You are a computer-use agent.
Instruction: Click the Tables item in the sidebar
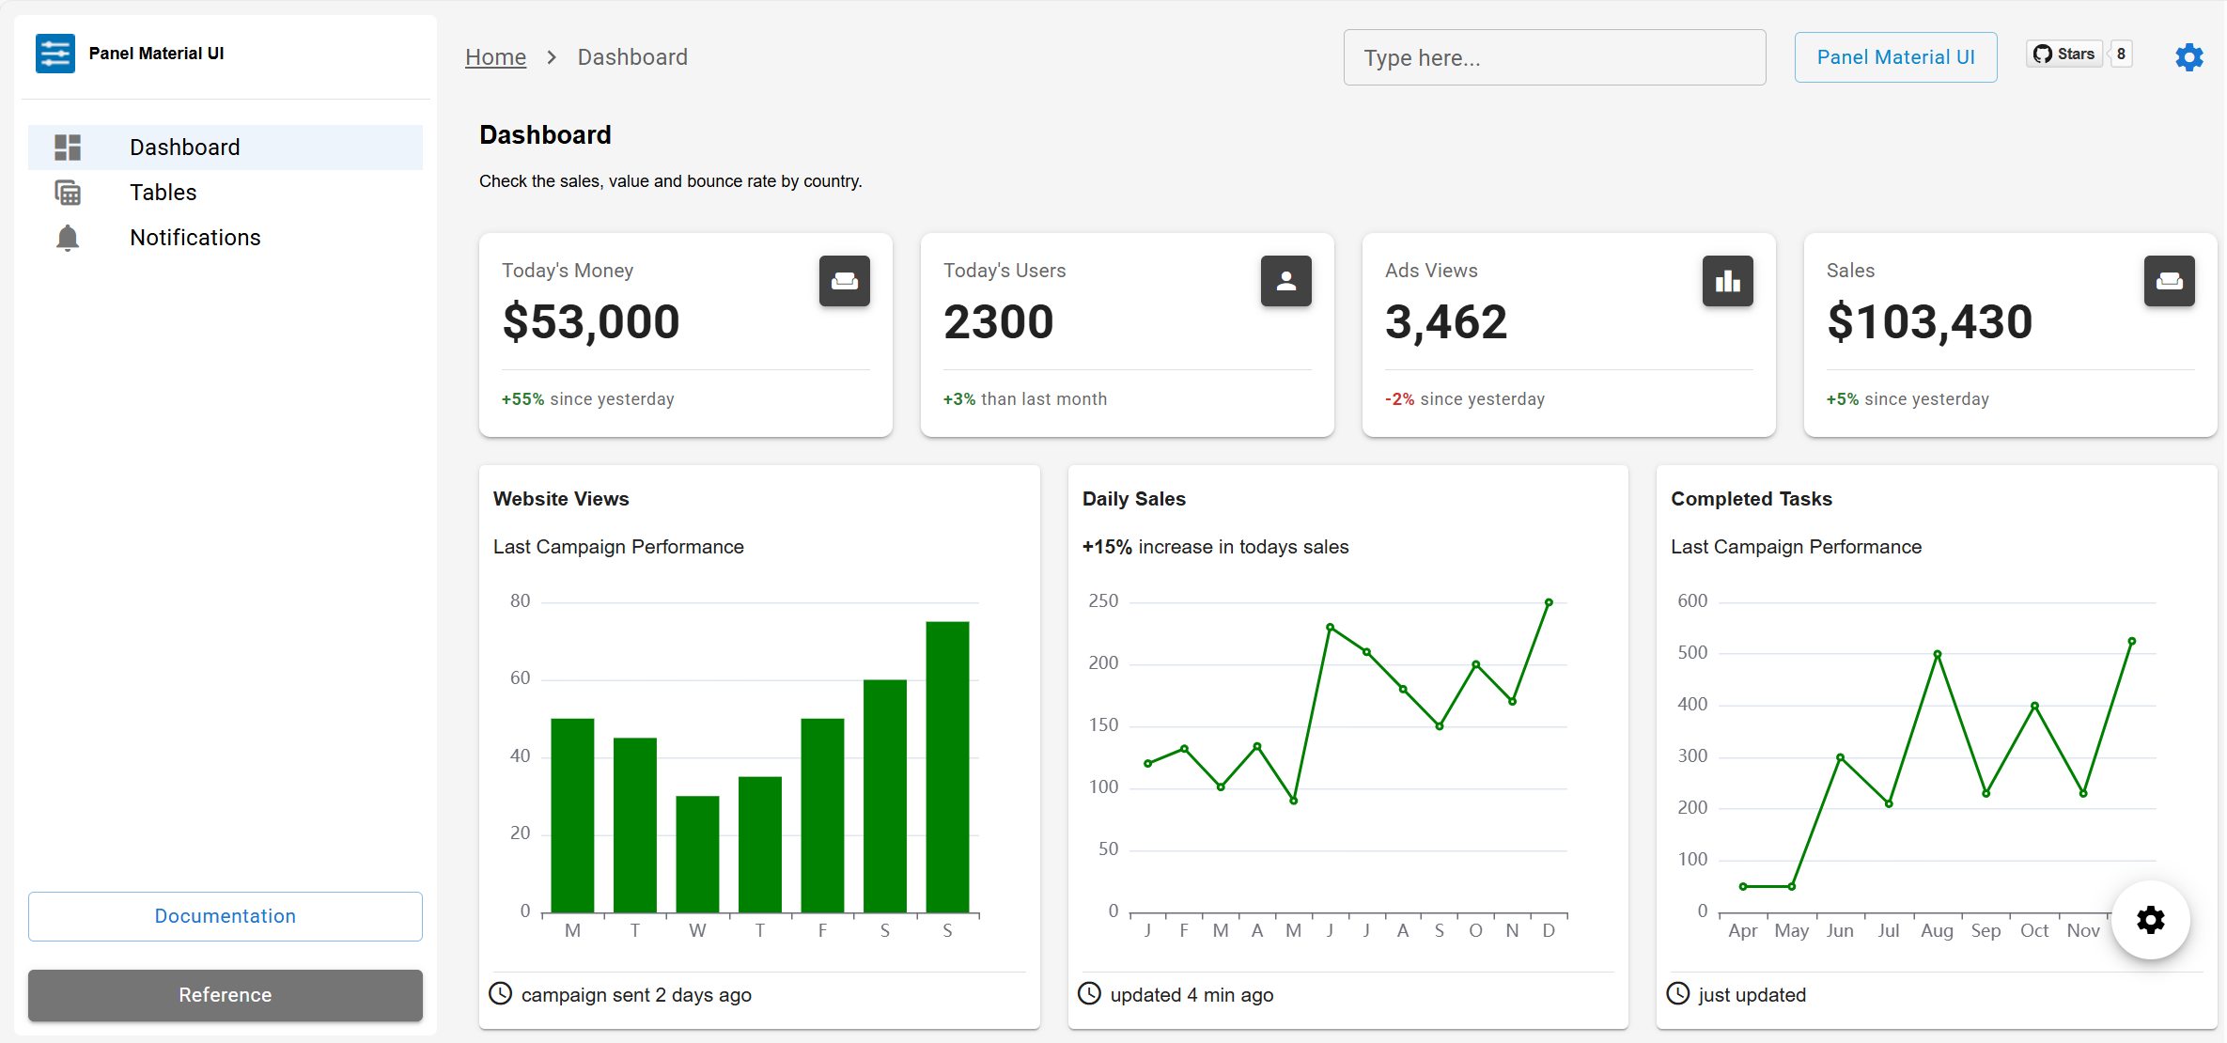coord(163,193)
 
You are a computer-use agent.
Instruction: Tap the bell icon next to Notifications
coord(68,238)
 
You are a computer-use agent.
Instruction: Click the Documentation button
coord(226,916)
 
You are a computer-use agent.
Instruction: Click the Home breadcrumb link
coord(495,57)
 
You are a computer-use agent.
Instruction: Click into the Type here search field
coord(1554,57)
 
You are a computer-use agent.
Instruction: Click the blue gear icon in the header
coord(2189,57)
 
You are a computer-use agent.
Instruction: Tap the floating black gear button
coord(2150,920)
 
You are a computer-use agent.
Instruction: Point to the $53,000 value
coord(591,322)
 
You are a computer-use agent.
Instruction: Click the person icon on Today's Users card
coord(1285,281)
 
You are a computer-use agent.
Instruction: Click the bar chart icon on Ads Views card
coord(1727,281)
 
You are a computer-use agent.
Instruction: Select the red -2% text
coord(1399,399)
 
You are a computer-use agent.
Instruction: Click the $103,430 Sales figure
coord(1929,322)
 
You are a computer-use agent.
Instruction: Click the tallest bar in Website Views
coord(947,766)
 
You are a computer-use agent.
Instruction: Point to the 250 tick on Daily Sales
coord(1103,601)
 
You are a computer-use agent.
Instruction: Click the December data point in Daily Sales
coord(1549,602)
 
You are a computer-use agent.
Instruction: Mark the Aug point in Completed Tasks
coord(1938,654)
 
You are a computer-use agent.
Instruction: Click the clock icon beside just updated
coord(1678,993)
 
